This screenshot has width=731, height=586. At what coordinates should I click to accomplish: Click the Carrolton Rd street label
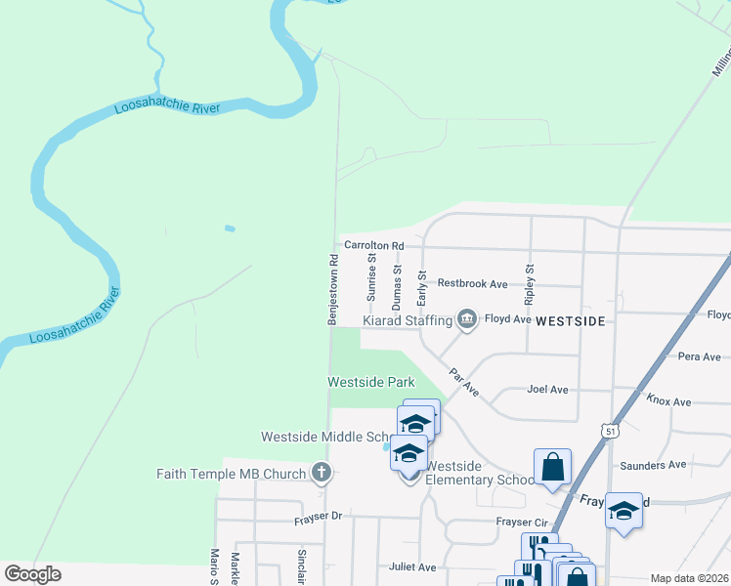(x=373, y=245)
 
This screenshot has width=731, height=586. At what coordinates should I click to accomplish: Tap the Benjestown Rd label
(x=332, y=289)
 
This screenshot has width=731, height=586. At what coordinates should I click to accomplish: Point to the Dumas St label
(x=397, y=279)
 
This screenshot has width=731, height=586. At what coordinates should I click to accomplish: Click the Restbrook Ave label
(x=472, y=283)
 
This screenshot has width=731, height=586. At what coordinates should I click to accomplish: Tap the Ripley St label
(x=531, y=280)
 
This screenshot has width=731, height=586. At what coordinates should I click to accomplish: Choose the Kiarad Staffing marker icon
(x=467, y=319)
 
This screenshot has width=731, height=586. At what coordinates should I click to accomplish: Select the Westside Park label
(x=370, y=382)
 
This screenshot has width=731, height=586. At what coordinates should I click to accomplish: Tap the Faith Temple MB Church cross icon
(x=321, y=474)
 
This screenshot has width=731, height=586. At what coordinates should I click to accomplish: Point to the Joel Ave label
(x=547, y=390)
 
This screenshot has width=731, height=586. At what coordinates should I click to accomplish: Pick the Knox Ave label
(x=668, y=401)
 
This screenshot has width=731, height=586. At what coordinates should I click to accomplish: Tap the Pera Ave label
(x=699, y=357)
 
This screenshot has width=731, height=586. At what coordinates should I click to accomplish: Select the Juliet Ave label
(x=412, y=566)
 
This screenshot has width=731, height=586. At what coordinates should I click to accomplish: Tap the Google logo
(x=32, y=573)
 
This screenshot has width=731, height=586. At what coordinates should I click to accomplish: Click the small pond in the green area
(x=229, y=229)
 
